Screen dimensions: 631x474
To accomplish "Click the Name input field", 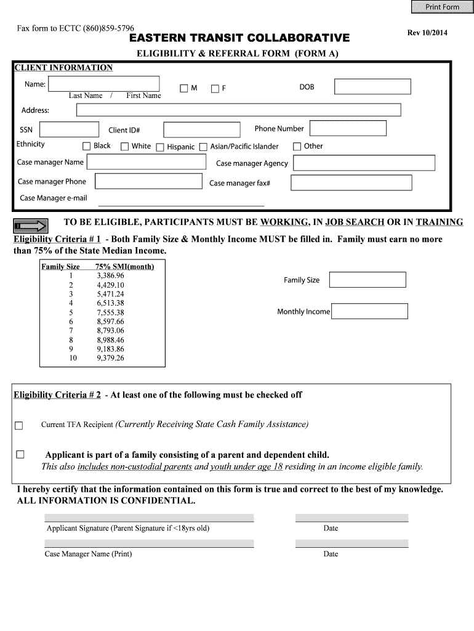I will tap(103, 84).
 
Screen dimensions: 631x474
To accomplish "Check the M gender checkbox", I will tap(183, 88).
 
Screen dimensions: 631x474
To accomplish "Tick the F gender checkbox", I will tap(215, 88).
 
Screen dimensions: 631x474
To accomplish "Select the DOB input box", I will tap(372, 87).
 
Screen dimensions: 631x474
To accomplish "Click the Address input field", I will tap(238, 110).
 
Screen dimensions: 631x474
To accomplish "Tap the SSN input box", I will tap(68, 129).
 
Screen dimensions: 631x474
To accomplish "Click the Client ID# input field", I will tap(201, 129).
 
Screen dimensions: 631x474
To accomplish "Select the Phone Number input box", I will tap(348, 128).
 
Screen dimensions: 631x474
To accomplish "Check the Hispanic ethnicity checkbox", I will tap(160, 147).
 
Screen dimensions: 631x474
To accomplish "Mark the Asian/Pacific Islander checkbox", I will tap(203, 147).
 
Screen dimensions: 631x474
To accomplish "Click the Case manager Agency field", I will tap(364, 163).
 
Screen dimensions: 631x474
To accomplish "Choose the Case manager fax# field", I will tap(351, 183).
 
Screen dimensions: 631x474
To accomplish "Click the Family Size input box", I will tap(368, 280).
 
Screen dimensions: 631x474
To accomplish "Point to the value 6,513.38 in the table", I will tap(110, 303).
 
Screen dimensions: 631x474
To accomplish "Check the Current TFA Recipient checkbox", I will tap(18, 425).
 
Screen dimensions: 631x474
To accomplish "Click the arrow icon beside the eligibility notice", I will tap(31, 224).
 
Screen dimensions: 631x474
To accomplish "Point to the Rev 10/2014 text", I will tap(427, 33).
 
